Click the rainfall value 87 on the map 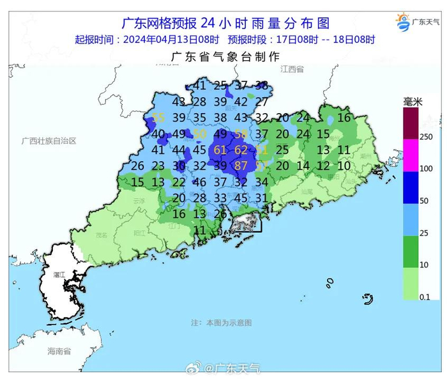241,166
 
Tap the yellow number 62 241,150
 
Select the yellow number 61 221,150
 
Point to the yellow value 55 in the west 159,118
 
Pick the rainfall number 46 200,182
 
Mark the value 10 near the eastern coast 344,166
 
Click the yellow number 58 241,134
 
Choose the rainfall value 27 262,102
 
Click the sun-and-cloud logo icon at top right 403,24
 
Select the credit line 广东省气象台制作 225,56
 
